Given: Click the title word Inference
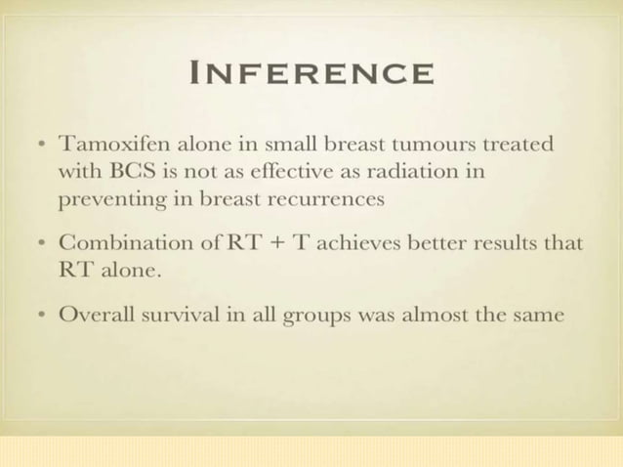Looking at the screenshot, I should [311, 73].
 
